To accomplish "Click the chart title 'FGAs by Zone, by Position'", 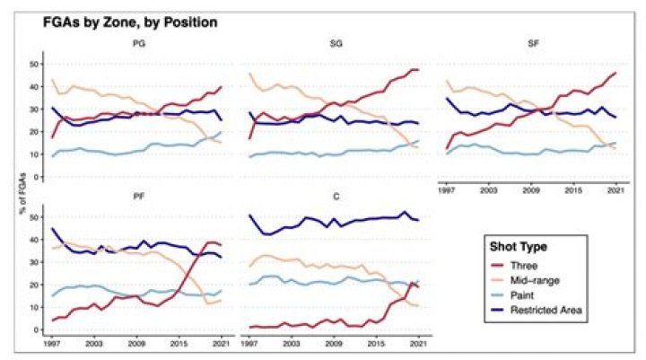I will tap(120, 19).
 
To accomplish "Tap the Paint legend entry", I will tap(532, 294).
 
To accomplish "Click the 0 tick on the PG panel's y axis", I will tap(35, 177).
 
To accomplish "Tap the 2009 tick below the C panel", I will tap(333, 344).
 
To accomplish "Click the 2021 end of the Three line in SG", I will tap(418, 70).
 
